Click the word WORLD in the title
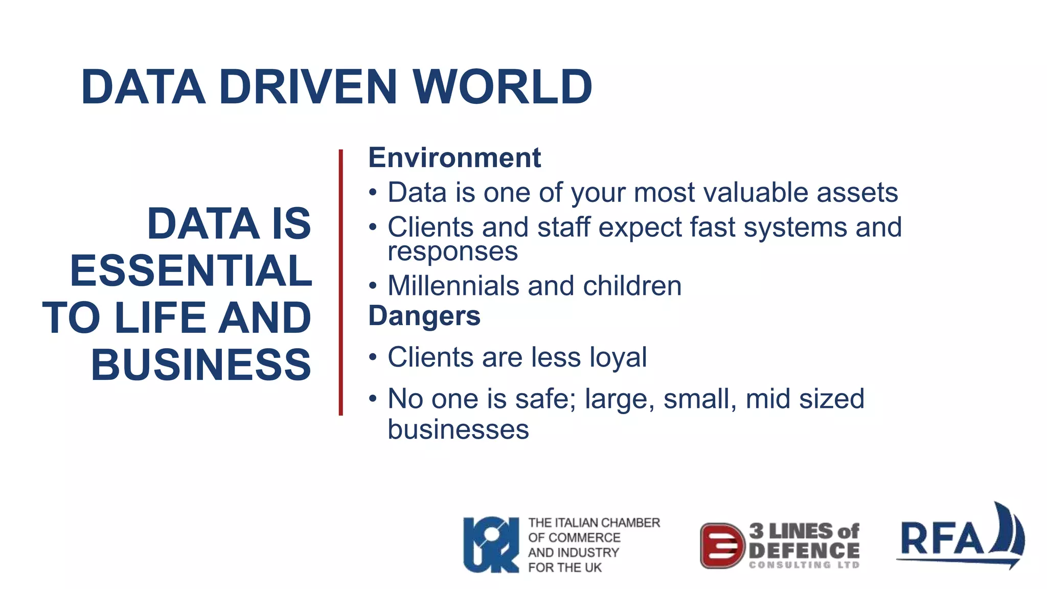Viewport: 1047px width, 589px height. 503,87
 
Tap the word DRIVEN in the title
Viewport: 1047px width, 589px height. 308,87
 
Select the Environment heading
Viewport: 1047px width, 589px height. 454,157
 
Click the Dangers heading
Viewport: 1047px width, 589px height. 424,315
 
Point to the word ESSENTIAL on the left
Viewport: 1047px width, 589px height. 191,270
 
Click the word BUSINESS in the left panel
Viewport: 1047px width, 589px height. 201,365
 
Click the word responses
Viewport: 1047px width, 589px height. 452,252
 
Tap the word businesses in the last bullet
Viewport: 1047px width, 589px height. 458,429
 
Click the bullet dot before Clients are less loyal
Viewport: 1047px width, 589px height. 373,356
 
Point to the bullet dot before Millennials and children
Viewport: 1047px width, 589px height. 373,285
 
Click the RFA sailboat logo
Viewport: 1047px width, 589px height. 961,537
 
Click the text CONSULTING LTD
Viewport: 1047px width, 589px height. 804,565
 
